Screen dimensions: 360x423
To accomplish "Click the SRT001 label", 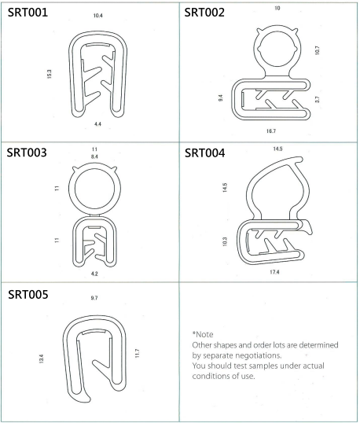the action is (x=28, y=13).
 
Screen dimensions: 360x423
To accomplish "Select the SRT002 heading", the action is (x=204, y=13).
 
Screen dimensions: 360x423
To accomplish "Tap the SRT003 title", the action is (x=27, y=153).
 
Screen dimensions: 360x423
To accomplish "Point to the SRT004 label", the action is (x=204, y=153).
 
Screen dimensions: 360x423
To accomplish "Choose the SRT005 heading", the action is (x=28, y=294).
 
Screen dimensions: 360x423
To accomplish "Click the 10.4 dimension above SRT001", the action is (x=98, y=16).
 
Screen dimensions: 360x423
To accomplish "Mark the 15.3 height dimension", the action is (x=49, y=74).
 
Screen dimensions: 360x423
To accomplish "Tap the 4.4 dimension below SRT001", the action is (x=97, y=124).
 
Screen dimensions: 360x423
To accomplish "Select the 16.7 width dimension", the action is (x=271, y=131).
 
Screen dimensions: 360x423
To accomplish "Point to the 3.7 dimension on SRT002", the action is (x=317, y=100).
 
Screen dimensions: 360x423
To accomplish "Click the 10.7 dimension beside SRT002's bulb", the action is (x=317, y=50).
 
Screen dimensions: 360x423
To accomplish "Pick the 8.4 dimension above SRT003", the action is (x=94, y=156).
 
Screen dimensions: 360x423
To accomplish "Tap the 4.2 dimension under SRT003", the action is (x=94, y=274).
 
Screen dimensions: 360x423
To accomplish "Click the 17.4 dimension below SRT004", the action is (x=274, y=272).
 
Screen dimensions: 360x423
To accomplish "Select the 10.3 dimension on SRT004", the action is (x=225, y=241).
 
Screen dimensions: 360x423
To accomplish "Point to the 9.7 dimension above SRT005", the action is (x=94, y=298).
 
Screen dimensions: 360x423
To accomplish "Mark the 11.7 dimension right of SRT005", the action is (x=137, y=353).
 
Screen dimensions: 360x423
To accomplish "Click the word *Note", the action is (x=203, y=334).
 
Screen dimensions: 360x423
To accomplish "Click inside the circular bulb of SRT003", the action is (x=94, y=189).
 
